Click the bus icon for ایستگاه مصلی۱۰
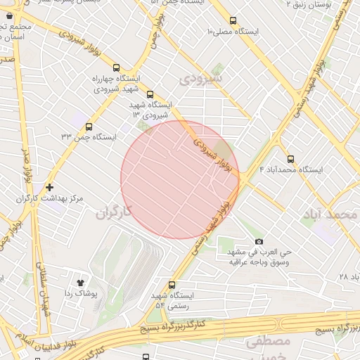pyautogui.click(x=233, y=21)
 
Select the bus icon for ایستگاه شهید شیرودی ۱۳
pyautogui.click(x=149, y=94)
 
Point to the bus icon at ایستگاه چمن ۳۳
pyautogui.click(x=89, y=127)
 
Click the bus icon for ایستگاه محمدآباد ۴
pyautogui.click(x=290, y=158)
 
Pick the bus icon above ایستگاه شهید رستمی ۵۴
pyautogui.click(x=173, y=283)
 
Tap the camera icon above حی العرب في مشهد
pyautogui.click(x=258, y=242)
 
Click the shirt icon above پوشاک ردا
pyautogui.click(x=79, y=281)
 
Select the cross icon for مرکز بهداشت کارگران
pyautogui.click(x=49, y=188)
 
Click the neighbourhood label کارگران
pyautogui.click(x=112, y=211)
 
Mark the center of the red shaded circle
pyautogui.click(x=180, y=179)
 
